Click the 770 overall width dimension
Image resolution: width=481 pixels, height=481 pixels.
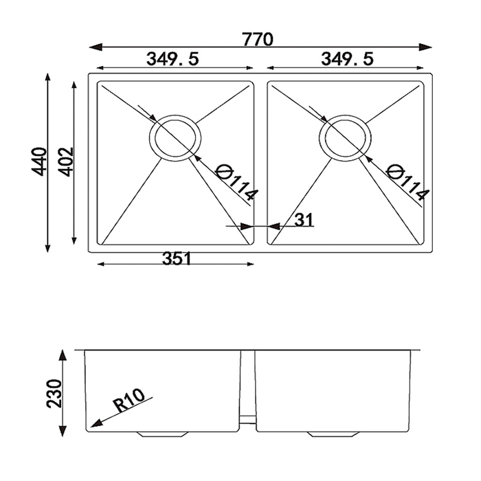pos(258,39)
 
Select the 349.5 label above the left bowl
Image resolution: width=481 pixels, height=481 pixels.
pos(172,58)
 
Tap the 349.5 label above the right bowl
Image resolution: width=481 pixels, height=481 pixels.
pos(347,58)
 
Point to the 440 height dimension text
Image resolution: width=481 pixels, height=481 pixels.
pos(39,161)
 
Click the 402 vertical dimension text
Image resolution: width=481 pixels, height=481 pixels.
pos(66,161)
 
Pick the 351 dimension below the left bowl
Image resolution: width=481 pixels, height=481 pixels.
pos(177,258)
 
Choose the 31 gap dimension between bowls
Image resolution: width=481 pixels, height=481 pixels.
pos(304,220)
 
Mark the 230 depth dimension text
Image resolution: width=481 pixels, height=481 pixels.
pos(54,394)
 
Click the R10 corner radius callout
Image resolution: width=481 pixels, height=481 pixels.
pos(129,401)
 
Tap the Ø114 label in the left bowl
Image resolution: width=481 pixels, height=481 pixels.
pos(236,183)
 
